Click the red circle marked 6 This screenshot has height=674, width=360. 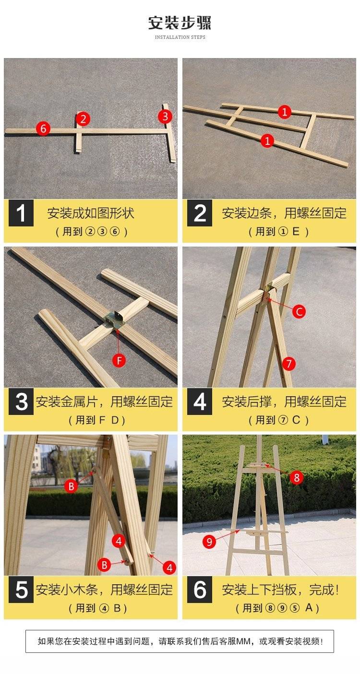(x=43, y=129)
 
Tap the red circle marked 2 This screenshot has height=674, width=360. (x=83, y=119)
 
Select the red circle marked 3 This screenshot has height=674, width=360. (x=165, y=117)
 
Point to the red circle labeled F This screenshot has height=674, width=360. (x=119, y=360)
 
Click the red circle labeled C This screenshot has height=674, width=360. (x=299, y=311)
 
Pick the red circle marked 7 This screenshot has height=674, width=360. (x=288, y=364)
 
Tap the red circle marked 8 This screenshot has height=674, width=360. (x=297, y=477)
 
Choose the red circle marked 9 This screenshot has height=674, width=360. (x=209, y=542)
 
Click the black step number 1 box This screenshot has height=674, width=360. (x=21, y=213)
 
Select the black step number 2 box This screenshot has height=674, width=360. (x=199, y=213)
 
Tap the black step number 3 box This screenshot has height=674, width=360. (x=21, y=402)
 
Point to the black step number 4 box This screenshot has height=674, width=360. (x=199, y=402)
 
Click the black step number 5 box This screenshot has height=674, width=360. (x=21, y=590)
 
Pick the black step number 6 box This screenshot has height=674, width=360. (x=199, y=590)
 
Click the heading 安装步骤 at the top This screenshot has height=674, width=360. (x=180, y=23)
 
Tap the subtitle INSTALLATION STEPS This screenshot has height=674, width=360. (x=180, y=37)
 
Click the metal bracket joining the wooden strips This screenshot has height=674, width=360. (x=114, y=319)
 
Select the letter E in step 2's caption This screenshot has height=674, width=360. (x=296, y=231)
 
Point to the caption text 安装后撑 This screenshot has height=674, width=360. (x=247, y=402)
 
